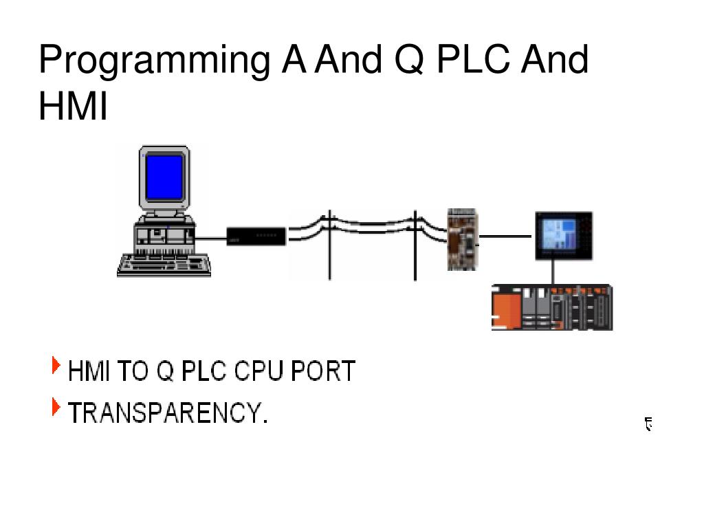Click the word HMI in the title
73,107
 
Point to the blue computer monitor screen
165,176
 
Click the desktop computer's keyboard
164,265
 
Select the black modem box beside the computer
256,236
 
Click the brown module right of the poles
462,239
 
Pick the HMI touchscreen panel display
564,235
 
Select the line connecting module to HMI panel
505,236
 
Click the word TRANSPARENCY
167,414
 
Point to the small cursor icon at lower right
648,424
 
